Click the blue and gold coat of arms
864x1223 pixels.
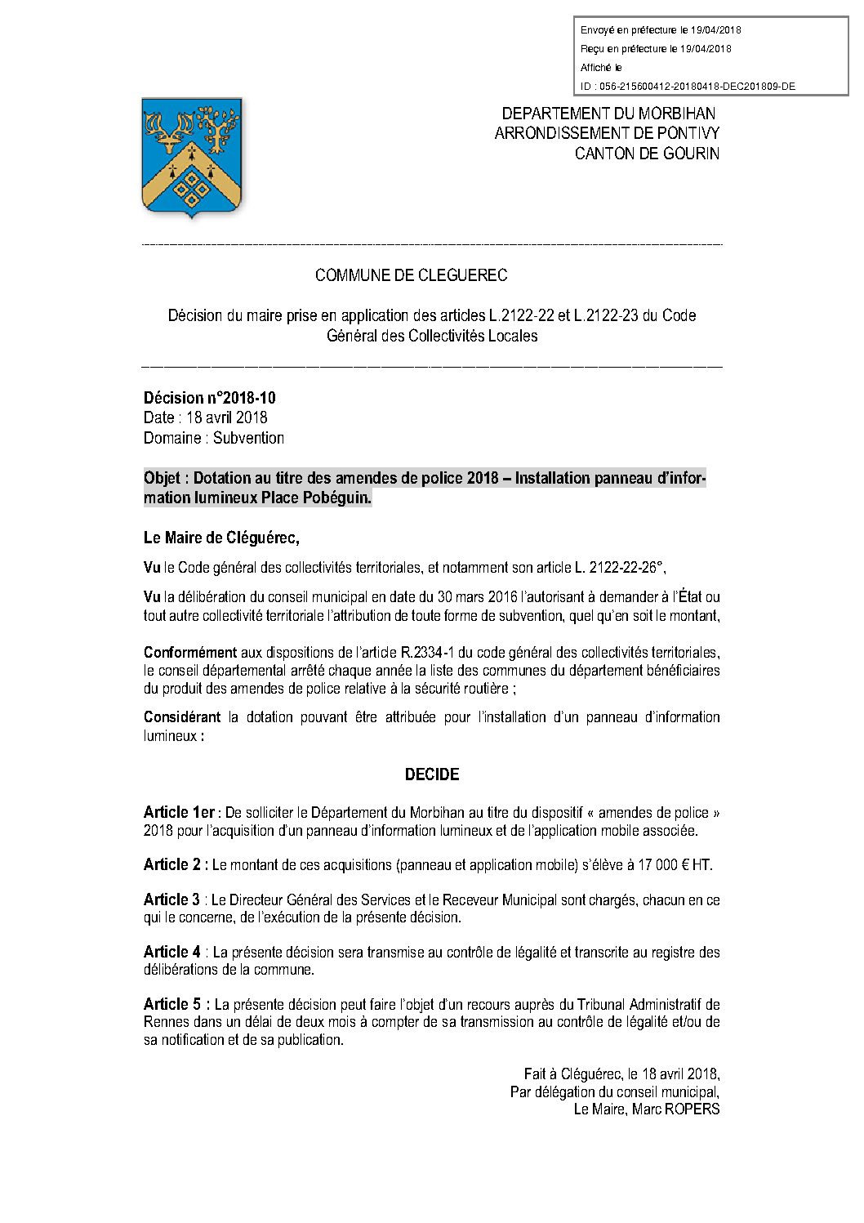tap(192, 157)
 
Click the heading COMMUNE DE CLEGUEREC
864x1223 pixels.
tap(411, 275)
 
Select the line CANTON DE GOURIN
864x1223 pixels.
tap(647, 154)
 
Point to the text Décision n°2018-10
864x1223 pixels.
tap(210, 398)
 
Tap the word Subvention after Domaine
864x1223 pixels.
tap(248, 438)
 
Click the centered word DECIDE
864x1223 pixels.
tap(432, 774)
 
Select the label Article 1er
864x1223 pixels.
tap(179, 812)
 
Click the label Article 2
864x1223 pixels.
tap(175, 864)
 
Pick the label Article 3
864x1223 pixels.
tap(171, 899)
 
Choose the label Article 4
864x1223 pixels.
tap(172, 952)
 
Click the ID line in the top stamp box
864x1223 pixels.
tap(688, 87)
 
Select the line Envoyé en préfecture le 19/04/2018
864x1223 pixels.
tap(661, 30)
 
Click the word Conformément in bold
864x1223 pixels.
tap(190, 652)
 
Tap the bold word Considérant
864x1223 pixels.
tap(182, 716)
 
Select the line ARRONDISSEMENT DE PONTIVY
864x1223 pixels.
tap(607, 133)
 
